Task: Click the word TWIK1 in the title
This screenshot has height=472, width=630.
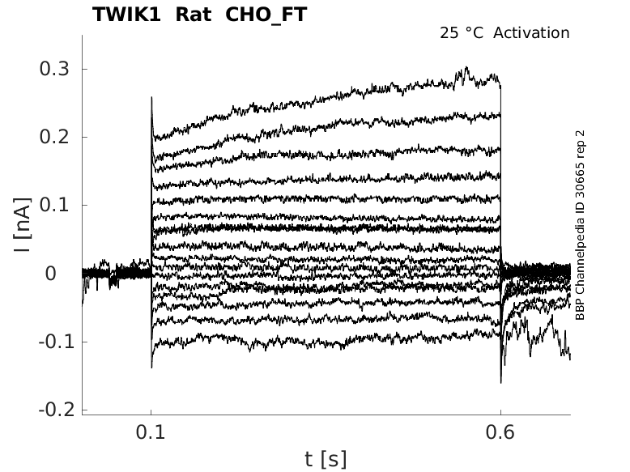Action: pos(126,15)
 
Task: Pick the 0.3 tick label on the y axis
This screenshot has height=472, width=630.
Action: pos(55,69)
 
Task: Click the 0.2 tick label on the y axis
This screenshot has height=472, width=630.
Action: pos(55,137)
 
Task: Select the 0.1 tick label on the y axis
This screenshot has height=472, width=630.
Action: pos(55,205)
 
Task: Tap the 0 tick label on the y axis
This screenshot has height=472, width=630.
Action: pos(50,273)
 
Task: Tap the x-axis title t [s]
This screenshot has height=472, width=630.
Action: pos(326,459)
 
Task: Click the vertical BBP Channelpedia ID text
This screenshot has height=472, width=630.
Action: pos(580,224)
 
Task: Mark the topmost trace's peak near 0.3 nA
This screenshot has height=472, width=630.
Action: pos(466,69)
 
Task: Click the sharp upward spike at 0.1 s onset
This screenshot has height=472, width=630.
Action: pos(152,98)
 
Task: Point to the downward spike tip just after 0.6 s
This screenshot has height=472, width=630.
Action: pos(501,381)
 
